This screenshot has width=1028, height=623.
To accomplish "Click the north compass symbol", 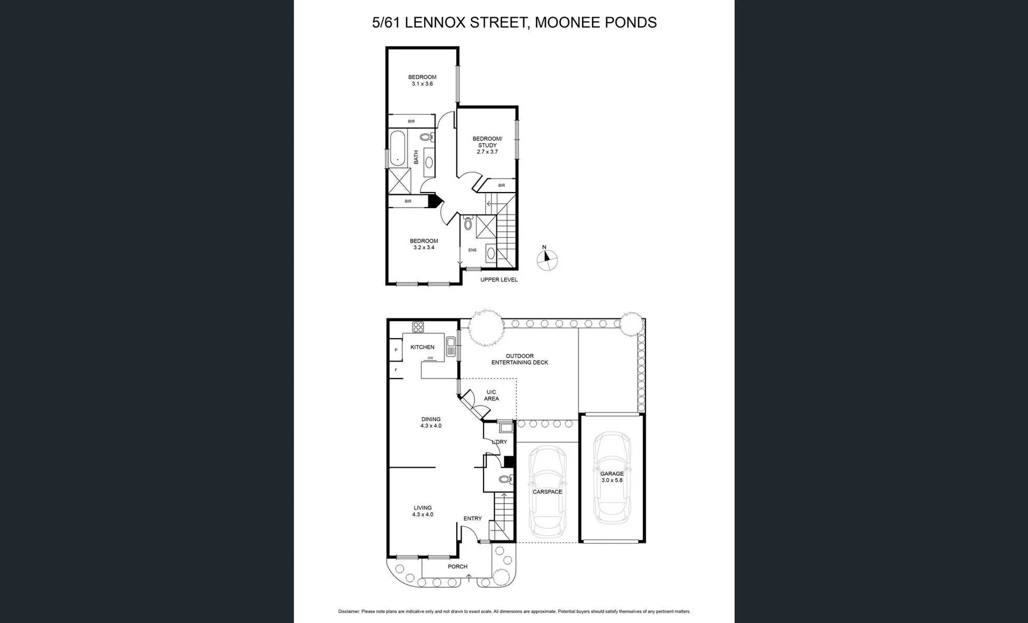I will pyautogui.click(x=547, y=260).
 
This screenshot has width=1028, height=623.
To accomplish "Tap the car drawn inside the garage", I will pyautogui.click(x=611, y=477).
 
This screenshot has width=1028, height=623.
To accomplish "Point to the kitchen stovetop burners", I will pyautogui.click(x=418, y=327).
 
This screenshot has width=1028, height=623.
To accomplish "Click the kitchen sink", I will pyautogui.click(x=451, y=347).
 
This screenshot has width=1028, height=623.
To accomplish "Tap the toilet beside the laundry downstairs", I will pyautogui.click(x=505, y=479).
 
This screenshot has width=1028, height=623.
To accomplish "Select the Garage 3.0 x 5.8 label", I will pyautogui.click(x=611, y=477).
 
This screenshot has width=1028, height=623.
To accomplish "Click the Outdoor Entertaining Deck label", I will pyautogui.click(x=519, y=359).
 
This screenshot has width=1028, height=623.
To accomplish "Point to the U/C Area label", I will pyautogui.click(x=492, y=395).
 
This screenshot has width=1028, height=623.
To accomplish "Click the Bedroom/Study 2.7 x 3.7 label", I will pyautogui.click(x=487, y=145).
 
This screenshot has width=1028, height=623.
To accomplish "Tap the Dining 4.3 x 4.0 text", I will pyautogui.click(x=430, y=422).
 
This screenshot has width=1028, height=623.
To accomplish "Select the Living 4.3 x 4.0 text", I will pyautogui.click(x=422, y=511).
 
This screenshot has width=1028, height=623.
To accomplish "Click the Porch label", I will pyautogui.click(x=457, y=566).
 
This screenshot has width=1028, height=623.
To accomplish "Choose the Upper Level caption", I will pyautogui.click(x=498, y=280).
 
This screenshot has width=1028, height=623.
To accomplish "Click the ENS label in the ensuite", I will pyautogui.click(x=472, y=250).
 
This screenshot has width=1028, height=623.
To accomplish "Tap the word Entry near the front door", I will pyautogui.click(x=472, y=519).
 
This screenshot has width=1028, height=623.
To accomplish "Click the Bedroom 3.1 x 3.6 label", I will pyautogui.click(x=422, y=80).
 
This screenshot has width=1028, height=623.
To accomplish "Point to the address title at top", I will pyautogui.click(x=514, y=22).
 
